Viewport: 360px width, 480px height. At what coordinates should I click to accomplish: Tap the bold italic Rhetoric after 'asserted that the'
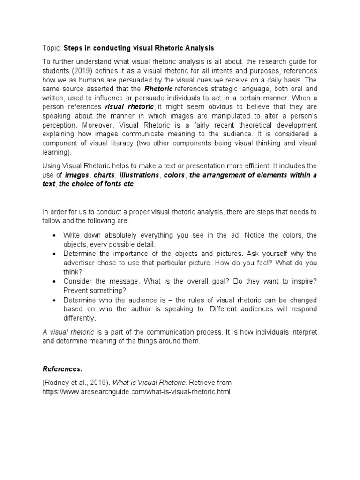pos(158,88)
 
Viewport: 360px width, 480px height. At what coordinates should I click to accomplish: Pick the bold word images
pos(77,175)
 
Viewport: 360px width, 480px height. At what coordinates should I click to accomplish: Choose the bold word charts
pos(104,175)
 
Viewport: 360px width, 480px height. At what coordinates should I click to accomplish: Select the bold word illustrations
pos(139,175)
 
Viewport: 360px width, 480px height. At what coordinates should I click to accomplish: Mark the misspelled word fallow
pos(52,220)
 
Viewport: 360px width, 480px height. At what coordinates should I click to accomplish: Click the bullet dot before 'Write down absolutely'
pos(55,235)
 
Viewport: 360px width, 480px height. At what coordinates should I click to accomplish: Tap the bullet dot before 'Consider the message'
pos(55,281)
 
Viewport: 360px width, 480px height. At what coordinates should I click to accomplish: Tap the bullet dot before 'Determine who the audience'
pos(55,300)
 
